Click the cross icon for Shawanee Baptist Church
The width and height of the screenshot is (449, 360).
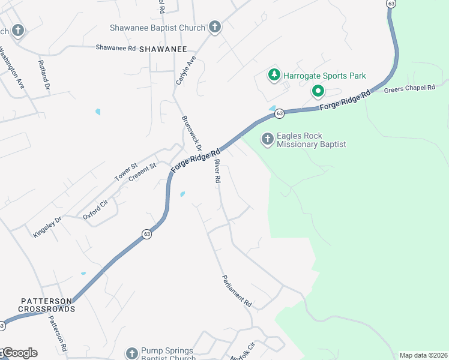click(215, 28)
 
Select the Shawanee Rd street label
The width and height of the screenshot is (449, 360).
click(116, 47)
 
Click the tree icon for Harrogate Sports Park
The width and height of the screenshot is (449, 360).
click(274, 76)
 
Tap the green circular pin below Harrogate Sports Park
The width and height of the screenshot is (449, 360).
click(318, 92)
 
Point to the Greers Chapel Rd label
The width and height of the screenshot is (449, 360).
click(409, 88)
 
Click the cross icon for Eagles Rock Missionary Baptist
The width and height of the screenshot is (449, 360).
click(267, 140)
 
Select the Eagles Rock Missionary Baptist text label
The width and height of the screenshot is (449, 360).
click(312, 140)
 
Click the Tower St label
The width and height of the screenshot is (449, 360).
click(126, 172)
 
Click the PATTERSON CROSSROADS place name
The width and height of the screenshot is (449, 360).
click(46, 305)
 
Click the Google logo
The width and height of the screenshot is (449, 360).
click(19, 353)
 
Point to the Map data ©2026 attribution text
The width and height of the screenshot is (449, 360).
click(423, 355)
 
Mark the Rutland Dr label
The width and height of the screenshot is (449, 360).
click(43, 74)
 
